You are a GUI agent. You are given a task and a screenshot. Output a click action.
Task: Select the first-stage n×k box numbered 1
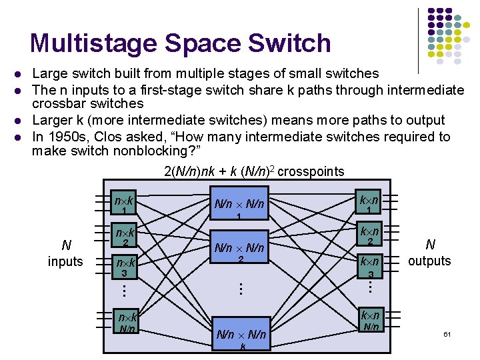click(x=124, y=203)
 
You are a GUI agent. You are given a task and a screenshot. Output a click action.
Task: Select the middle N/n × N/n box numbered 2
click(x=238, y=251)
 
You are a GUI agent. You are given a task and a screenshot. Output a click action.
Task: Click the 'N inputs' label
click(x=65, y=253)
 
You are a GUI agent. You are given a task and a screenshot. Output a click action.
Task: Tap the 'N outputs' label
click(x=429, y=253)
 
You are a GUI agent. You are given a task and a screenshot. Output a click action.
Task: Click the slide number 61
click(x=447, y=333)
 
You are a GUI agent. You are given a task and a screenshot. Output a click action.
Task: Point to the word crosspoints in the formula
click(x=311, y=171)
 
